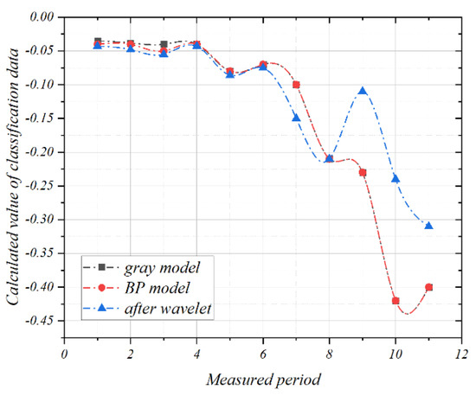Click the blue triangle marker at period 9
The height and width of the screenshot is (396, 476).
coord(363,91)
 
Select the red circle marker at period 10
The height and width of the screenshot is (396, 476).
coord(396,301)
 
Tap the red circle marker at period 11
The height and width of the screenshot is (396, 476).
coord(428,287)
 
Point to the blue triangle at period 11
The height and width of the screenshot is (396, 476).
coord(428,226)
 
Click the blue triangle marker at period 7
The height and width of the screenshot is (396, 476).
coord(296,118)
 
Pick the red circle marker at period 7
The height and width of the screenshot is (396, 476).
coord(296,85)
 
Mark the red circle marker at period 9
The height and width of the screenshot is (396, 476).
coord(363,172)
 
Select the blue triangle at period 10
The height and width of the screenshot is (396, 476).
coord(396,178)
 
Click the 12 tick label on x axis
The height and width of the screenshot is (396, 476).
coord(461,354)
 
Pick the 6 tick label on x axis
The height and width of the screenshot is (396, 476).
coord(263,354)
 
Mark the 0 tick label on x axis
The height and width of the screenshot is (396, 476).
coord(64,354)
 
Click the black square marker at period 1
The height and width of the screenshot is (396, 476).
coord(98,42)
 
